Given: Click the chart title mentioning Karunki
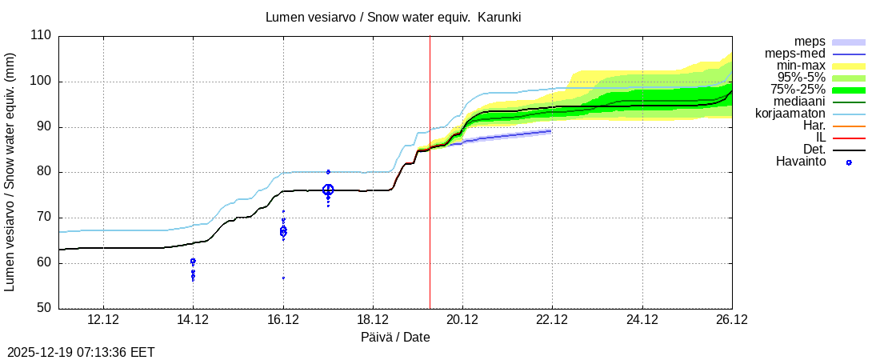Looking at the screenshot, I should coord(394,17).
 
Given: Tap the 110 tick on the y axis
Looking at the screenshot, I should coord(40,36).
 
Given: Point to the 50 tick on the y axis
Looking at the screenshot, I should coord(43,308).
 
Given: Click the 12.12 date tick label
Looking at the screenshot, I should coord(103,320).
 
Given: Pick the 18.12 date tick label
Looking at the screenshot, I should coord(373,320).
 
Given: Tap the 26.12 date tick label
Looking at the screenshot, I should coord(731,320).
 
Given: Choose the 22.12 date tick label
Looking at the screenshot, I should coord(552,320).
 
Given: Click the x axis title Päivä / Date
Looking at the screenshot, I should coord(395,337).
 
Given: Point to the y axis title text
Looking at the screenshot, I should coord(11,172).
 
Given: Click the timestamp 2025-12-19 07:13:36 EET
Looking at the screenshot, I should coord(81,352).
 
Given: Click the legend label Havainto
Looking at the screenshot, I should coord(801,162).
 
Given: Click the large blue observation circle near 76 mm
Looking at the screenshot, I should coord(328,190).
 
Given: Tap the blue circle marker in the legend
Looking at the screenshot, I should coord(849,162).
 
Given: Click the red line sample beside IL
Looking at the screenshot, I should coord(849,138).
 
